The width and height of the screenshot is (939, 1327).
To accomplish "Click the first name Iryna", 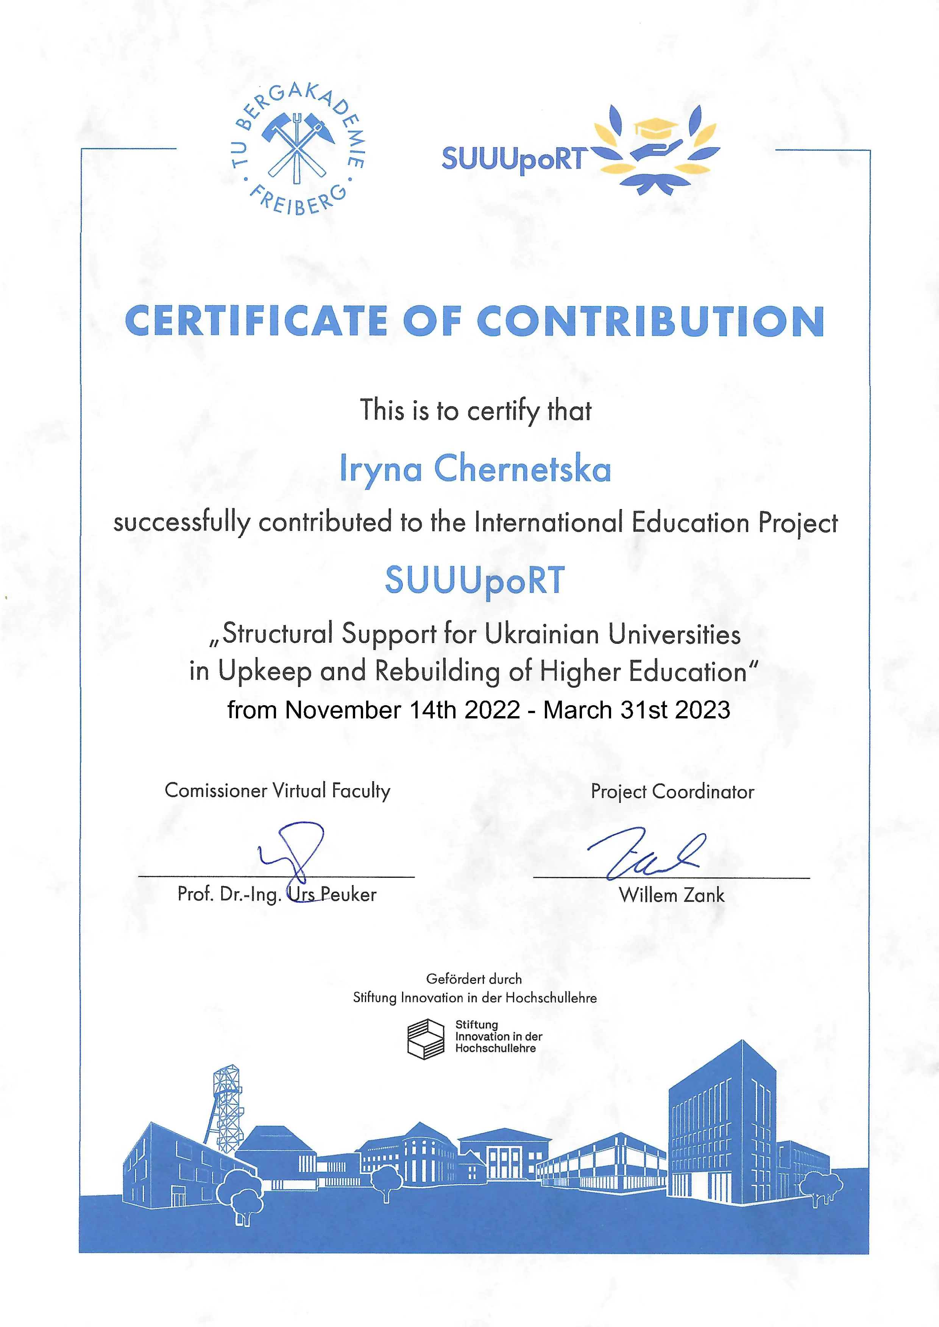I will click(x=381, y=469).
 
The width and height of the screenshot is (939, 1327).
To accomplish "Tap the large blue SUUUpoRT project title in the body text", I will click(x=475, y=580).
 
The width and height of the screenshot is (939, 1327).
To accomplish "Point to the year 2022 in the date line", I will click(x=492, y=710).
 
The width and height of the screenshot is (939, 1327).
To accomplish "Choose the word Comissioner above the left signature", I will click(x=216, y=790).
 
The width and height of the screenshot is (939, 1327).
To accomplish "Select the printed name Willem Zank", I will click(x=671, y=895).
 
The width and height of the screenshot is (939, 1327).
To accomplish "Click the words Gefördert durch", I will click(x=474, y=979).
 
